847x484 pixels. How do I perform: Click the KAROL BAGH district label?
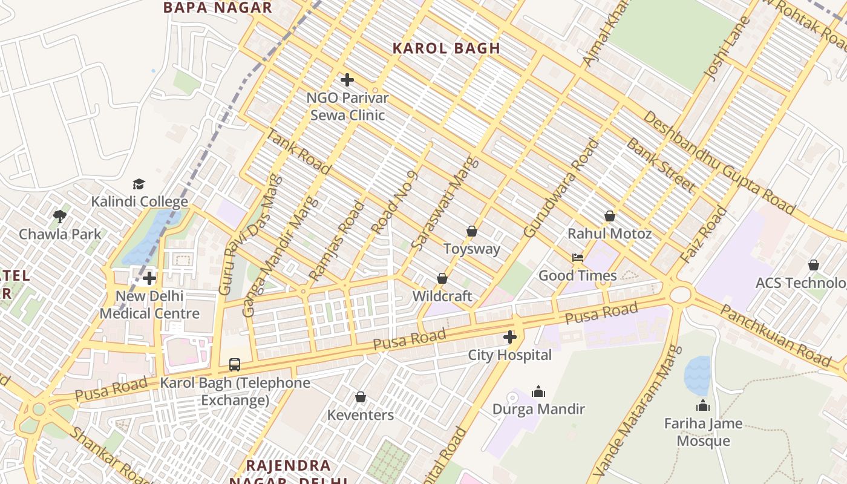(x=446, y=48)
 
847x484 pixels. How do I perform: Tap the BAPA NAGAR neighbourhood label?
(x=218, y=8)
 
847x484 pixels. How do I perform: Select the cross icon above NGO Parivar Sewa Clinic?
(x=347, y=80)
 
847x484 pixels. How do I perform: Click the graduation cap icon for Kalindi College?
(x=139, y=184)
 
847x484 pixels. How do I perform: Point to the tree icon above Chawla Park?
(x=60, y=217)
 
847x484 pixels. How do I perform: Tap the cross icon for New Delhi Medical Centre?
(x=149, y=278)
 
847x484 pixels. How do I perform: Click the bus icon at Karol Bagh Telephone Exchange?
(x=235, y=365)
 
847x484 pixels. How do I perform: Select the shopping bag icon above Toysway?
(x=472, y=231)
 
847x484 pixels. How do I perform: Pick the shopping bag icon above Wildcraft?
(x=442, y=278)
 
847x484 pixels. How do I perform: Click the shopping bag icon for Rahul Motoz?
(x=610, y=216)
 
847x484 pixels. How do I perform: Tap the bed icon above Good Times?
(x=578, y=258)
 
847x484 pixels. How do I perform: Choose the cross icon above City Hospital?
(x=510, y=337)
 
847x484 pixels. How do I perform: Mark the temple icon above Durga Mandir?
(x=538, y=391)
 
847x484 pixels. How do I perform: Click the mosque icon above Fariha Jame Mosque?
(x=703, y=405)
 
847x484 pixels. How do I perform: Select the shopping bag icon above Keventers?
(x=361, y=397)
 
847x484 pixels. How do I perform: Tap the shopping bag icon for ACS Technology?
(x=814, y=265)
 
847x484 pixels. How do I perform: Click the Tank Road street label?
(x=298, y=151)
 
